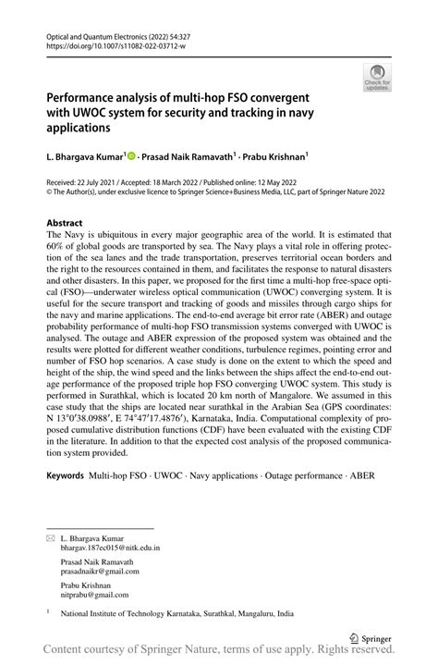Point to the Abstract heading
64,224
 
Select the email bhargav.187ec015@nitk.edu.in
110,548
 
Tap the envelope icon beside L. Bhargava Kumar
50,536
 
